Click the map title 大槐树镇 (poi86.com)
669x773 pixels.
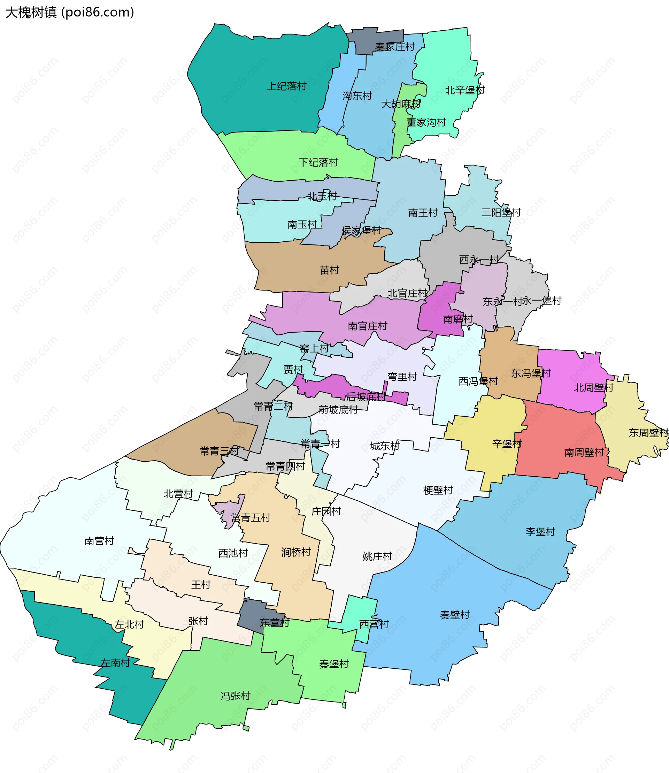pyautogui.click(x=69, y=12)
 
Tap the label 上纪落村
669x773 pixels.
pyautogui.click(x=286, y=86)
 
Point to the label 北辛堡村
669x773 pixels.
pyautogui.click(x=464, y=90)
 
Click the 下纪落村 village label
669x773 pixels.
pyautogui.click(x=318, y=162)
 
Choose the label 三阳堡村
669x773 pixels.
pyautogui.click(x=501, y=212)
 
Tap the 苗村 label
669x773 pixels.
pyautogui.click(x=329, y=270)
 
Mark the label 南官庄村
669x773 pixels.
pyautogui.click(x=367, y=326)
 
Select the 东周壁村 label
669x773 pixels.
pyautogui.click(x=648, y=433)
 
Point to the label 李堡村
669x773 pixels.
pyautogui.click(x=540, y=531)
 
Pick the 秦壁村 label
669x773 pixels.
pyautogui.click(x=455, y=615)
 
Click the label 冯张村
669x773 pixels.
pyautogui.click(x=235, y=695)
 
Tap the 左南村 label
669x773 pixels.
pyautogui.click(x=115, y=663)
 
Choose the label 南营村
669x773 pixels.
pyautogui.click(x=99, y=541)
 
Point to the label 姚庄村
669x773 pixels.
pyautogui.click(x=377, y=556)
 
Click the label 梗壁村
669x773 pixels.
pyautogui.click(x=438, y=490)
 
